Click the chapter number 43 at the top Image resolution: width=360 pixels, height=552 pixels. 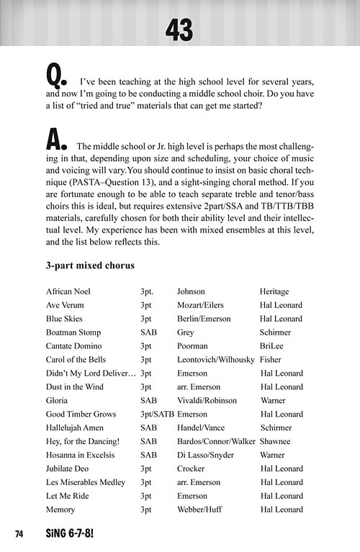(179, 30)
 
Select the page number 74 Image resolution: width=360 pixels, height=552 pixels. (19, 533)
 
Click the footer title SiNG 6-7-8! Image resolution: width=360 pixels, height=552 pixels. (69, 533)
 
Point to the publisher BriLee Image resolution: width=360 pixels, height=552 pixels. (272, 346)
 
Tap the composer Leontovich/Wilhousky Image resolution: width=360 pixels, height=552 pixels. (216, 360)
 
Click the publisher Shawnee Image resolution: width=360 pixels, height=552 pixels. (276, 442)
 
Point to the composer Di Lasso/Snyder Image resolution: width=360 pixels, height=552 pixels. (205, 456)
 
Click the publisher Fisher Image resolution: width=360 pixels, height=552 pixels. (271, 360)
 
